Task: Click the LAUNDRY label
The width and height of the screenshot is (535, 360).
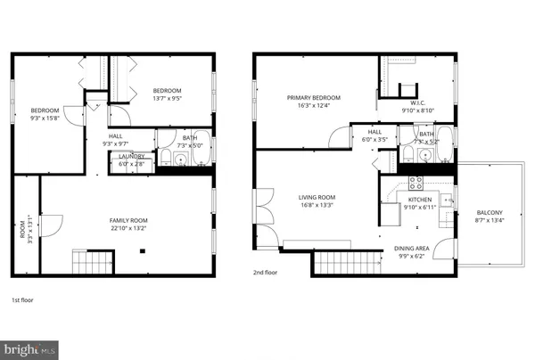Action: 133,156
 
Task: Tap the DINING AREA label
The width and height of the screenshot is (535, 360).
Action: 412,249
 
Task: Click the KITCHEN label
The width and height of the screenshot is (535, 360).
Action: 421,200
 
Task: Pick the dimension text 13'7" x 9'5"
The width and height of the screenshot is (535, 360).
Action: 167,100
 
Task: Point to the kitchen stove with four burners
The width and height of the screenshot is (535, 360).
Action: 415,182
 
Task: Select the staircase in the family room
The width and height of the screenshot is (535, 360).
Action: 93,262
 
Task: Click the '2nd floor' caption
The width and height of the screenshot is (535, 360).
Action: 265,273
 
